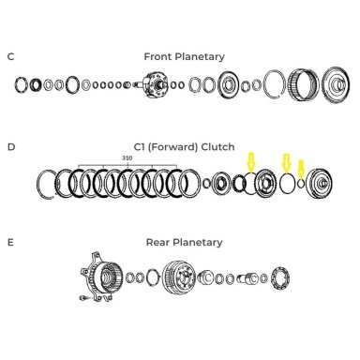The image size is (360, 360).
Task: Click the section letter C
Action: (x=10, y=57)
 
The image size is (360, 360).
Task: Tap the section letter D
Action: (x=11, y=146)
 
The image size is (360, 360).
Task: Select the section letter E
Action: (x=10, y=242)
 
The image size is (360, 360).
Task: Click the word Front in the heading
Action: (x=158, y=56)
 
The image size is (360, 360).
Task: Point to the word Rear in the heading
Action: (x=158, y=242)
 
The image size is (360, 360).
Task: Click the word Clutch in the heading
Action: (x=217, y=147)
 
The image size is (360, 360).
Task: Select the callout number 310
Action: (x=127, y=158)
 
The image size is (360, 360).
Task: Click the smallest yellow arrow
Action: (x=301, y=169)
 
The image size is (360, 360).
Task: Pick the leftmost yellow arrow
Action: (x=251, y=162)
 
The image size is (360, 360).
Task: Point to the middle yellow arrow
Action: (x=287, y=163)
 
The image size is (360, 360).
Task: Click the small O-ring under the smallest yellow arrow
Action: (x=301, y=183)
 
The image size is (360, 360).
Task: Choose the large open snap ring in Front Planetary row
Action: (x=265, y=84)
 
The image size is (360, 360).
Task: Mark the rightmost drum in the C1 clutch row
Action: (x=319, y=183)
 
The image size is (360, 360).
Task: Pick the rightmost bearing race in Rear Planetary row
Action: (x=280, y=277)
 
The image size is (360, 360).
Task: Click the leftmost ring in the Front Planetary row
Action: (x=21, y=84)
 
